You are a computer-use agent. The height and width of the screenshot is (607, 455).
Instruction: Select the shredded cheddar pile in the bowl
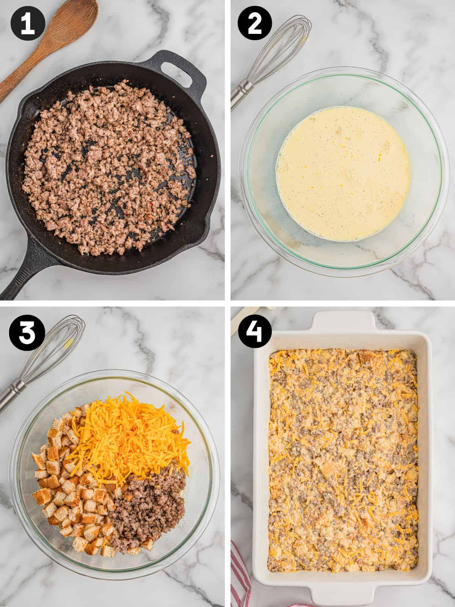click(129, 432)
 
